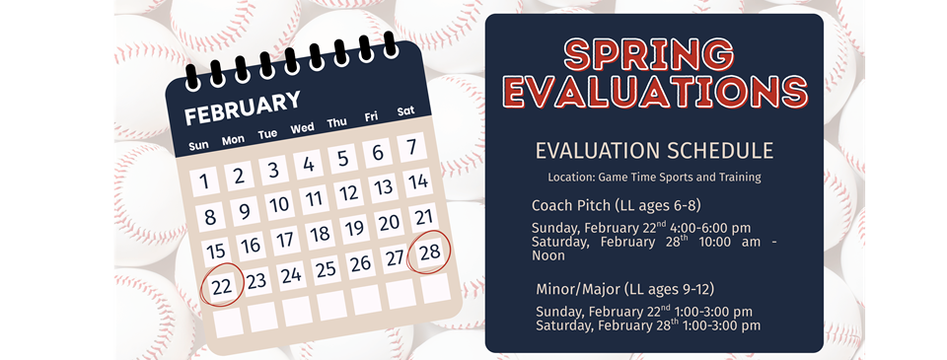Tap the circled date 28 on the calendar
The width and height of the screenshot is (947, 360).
[429, 252]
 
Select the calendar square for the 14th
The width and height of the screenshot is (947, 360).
[418, 181]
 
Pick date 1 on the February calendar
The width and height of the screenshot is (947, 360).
[203, 181]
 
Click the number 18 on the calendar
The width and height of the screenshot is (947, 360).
[320, 234]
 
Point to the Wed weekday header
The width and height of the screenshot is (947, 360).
[302, 128]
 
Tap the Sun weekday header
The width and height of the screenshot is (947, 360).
[198, 145]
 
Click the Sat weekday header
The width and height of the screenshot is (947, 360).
[405, 111]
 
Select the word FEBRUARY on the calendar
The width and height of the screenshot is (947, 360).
[243, 108]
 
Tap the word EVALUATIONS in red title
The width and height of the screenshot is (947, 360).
[654, 92]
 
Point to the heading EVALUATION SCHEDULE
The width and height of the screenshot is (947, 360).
[654, 151]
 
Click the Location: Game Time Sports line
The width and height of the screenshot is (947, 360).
[654, 178]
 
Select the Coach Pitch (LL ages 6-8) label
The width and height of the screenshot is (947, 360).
[617, 205]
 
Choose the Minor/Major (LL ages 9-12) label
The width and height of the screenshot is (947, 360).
[624, 289]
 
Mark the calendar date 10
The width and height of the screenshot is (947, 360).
[279, 204]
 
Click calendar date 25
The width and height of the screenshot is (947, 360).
[326, 268]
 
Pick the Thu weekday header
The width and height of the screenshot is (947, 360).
[336, 122]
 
